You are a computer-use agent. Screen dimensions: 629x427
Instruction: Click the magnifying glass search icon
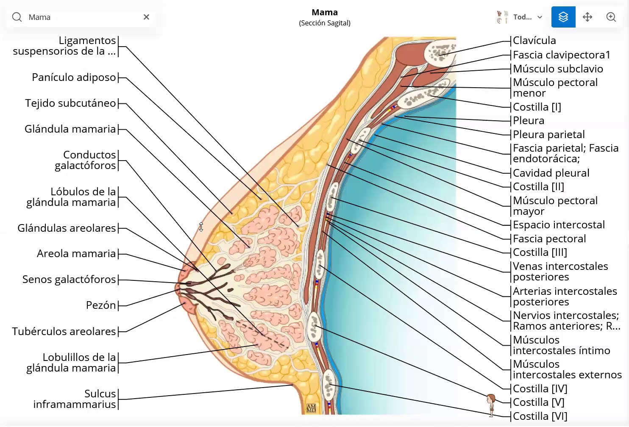[x=17, y=17]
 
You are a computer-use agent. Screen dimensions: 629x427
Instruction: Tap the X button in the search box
[x=146, y=17]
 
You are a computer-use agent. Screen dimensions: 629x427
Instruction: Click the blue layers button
[x=563, y=17]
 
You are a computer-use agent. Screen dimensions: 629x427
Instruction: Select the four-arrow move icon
[x=587, y=17]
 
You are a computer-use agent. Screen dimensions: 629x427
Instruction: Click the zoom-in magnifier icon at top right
[x=611, y=17]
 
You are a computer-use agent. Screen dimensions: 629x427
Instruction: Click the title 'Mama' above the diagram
[x=325, y=12]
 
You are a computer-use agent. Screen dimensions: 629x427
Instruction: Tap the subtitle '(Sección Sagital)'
[x=325, y=23]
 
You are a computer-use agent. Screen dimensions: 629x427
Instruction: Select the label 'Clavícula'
[x=534, y=41]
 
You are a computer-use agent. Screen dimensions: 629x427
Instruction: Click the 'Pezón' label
[x=101, y=305]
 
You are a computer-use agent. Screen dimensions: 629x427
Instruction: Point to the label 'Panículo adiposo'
[x=74, y=78]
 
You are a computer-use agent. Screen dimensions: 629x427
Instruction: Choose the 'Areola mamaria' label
[x=76, y=254]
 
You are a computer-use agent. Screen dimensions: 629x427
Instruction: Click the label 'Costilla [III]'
[x=540, y=252]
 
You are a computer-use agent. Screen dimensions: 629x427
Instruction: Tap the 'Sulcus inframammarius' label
[x=75, y=399]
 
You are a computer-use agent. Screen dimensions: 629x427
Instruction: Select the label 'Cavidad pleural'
[x=551, y=173]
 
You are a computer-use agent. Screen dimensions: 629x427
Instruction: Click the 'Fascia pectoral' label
[x=549, y=239]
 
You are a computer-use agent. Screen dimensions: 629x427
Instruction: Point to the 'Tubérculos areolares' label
[x=64, y=332]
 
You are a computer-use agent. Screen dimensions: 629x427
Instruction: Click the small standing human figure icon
[x=491, y=405]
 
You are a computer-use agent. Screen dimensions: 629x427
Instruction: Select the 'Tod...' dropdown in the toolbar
[x=520, y=17]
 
